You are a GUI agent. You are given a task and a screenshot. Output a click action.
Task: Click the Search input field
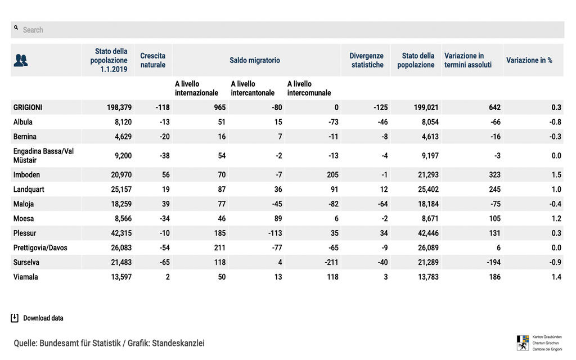click(x=287, y=30)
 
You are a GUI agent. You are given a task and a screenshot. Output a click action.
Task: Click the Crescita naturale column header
click(x=153, y=60)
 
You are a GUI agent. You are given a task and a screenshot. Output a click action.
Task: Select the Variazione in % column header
click(x=529, y=60)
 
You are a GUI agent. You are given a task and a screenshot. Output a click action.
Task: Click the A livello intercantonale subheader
click(x=253, y=88)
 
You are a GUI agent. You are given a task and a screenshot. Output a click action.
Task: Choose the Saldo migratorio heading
click(x=255, y=60)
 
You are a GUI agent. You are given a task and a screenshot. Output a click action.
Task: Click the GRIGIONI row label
click(x=28, y=107)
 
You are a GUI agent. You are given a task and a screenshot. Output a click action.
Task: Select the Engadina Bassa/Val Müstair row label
click(x=43, y=155)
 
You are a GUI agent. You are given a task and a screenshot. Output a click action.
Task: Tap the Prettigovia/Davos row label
click(x=40, y=247)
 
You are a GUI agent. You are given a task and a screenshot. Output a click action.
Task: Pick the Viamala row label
click(x=26, y=277)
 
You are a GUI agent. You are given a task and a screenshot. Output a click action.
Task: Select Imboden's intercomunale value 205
click(x=332, y=175)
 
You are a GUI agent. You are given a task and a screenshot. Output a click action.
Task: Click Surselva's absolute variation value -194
click(x=491, y=262)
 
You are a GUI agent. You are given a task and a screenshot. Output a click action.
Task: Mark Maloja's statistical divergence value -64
click(x=381, y=204)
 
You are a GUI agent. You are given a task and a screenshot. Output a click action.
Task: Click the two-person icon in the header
click(x=21, y=60)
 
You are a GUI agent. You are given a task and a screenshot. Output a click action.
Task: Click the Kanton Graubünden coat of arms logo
click(x=523, y=342)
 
